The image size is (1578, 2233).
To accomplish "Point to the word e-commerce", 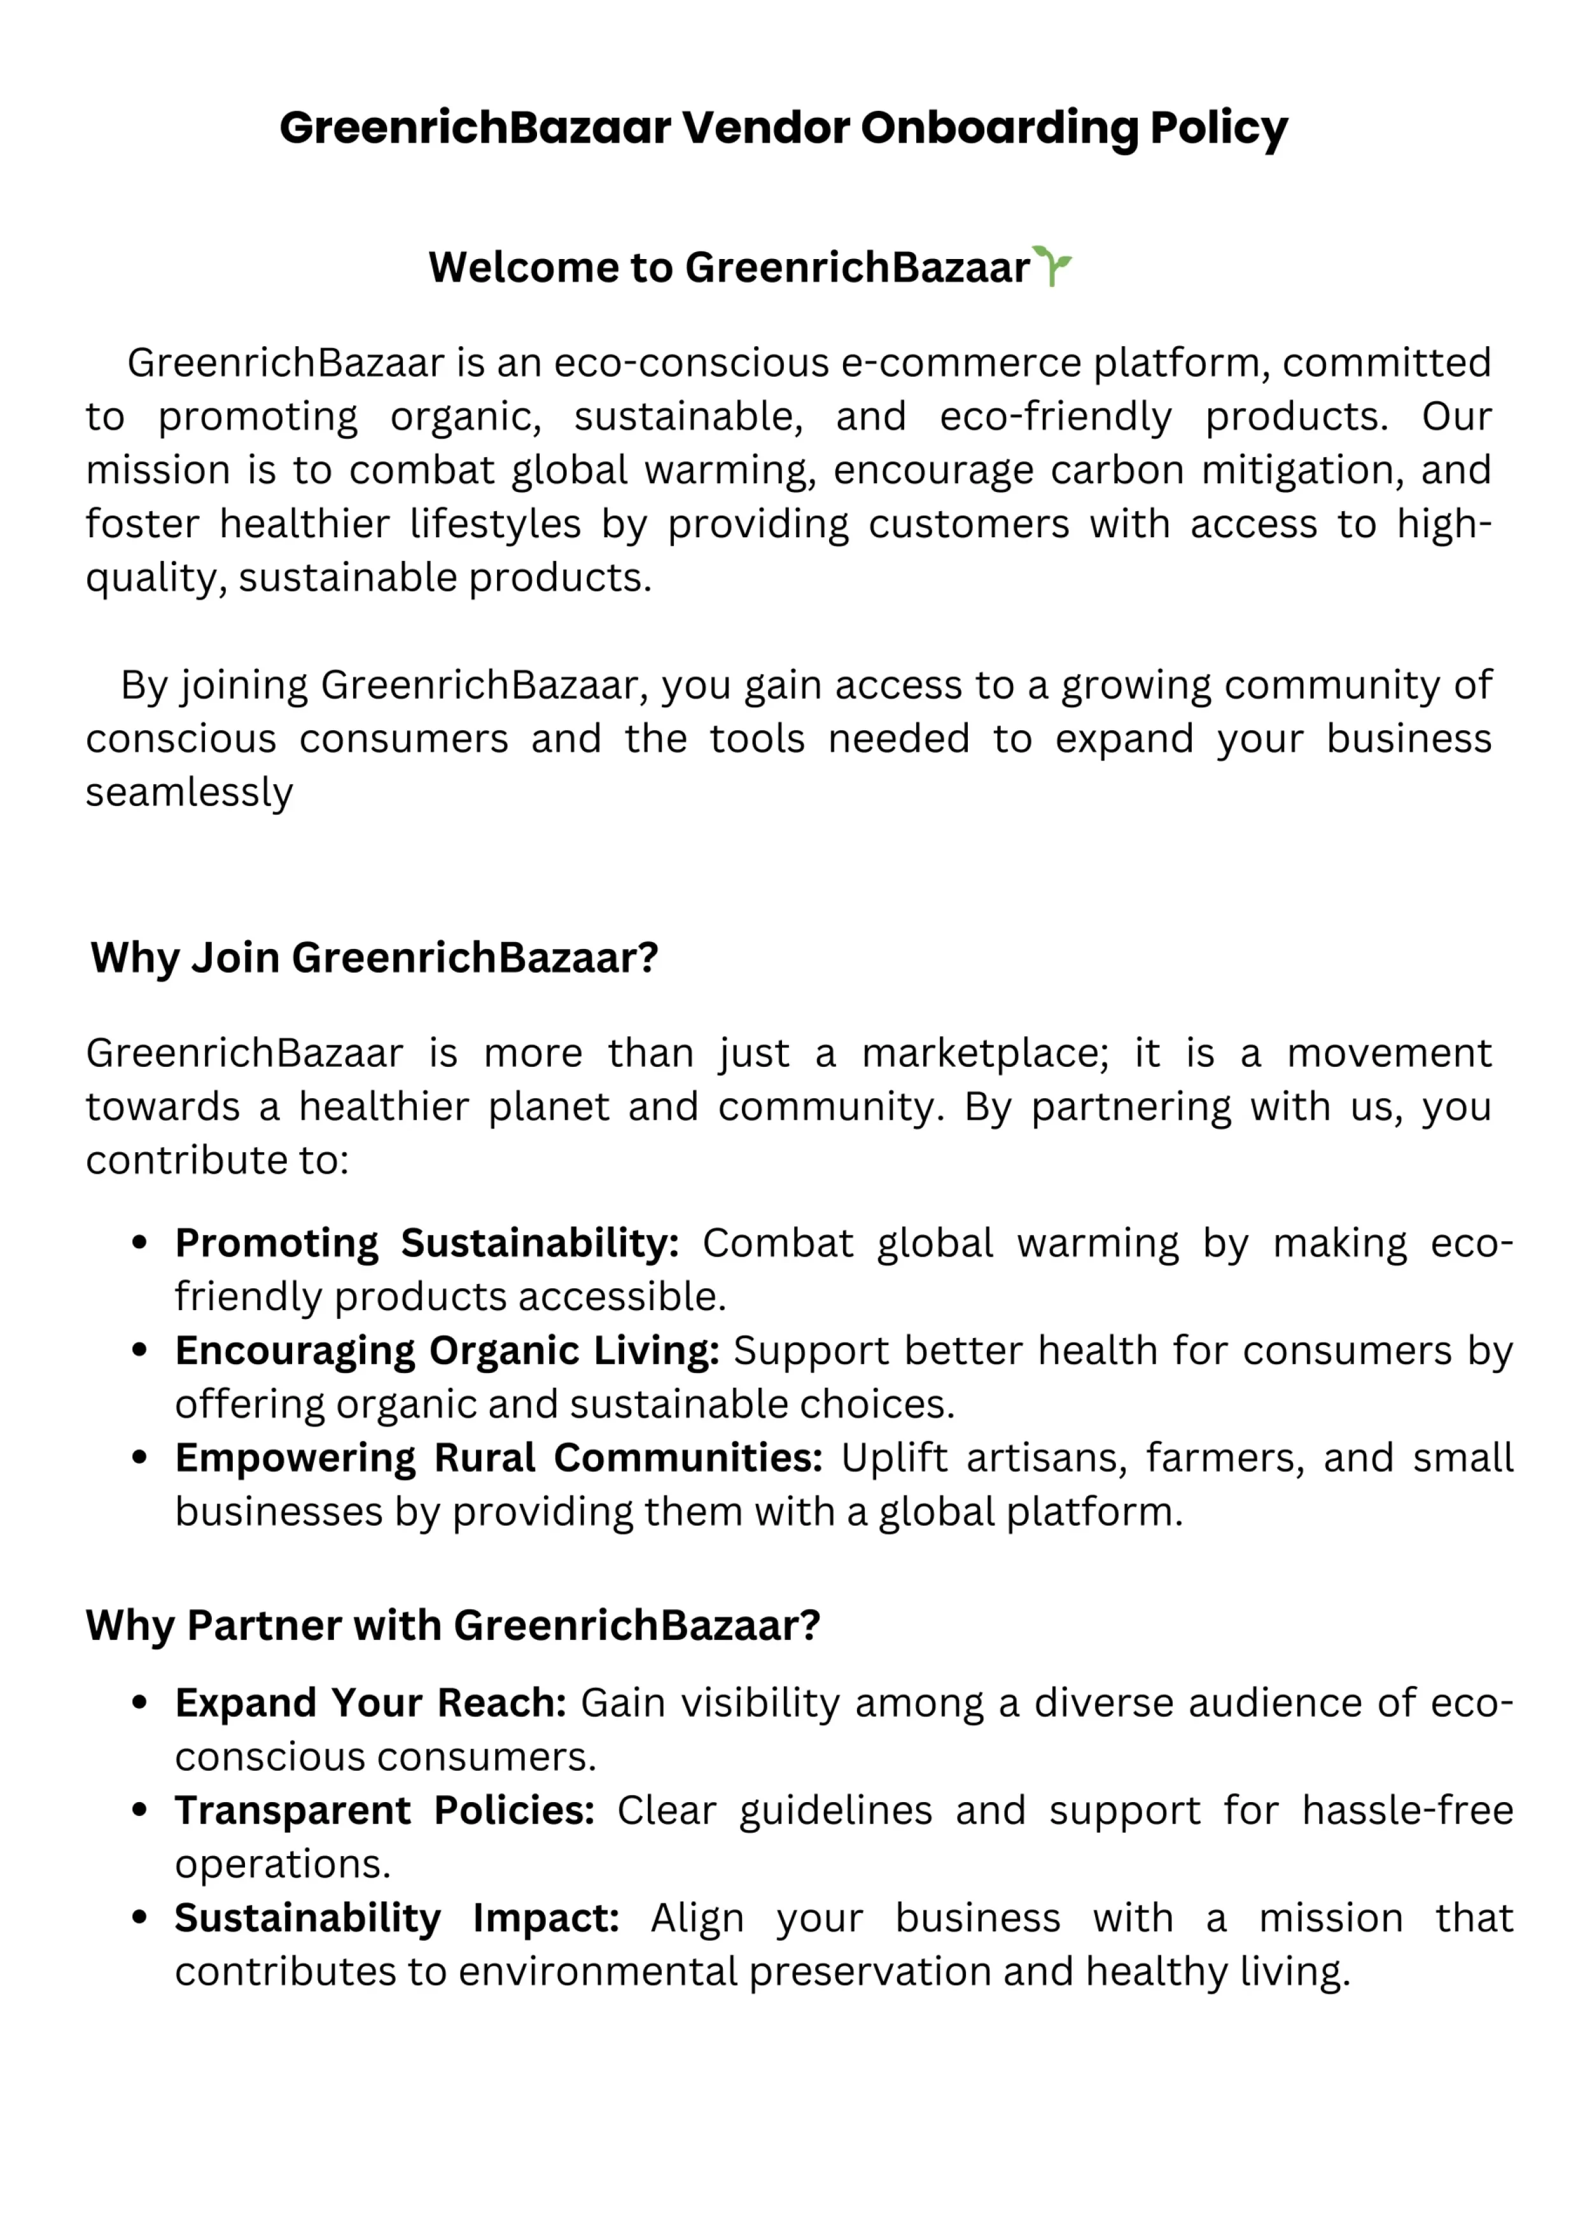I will (961, 363).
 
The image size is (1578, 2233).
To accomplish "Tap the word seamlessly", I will (188, 792).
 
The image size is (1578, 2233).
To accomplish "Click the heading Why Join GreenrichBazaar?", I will (374, 958).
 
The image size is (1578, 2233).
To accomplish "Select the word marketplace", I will (984, 1053).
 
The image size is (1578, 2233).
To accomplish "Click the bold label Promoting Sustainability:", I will (426, 1243).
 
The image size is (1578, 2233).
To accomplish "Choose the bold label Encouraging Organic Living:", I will (446, 1351).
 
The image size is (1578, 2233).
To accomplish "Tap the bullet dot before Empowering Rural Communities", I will (140, 1458).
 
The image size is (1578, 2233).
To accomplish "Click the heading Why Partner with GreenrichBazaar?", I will (453, 1625).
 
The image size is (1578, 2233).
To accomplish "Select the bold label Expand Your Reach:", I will (370, 1703).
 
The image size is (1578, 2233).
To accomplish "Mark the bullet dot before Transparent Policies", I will (140, 1810).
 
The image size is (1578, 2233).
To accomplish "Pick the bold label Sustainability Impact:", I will (396, 1918).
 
